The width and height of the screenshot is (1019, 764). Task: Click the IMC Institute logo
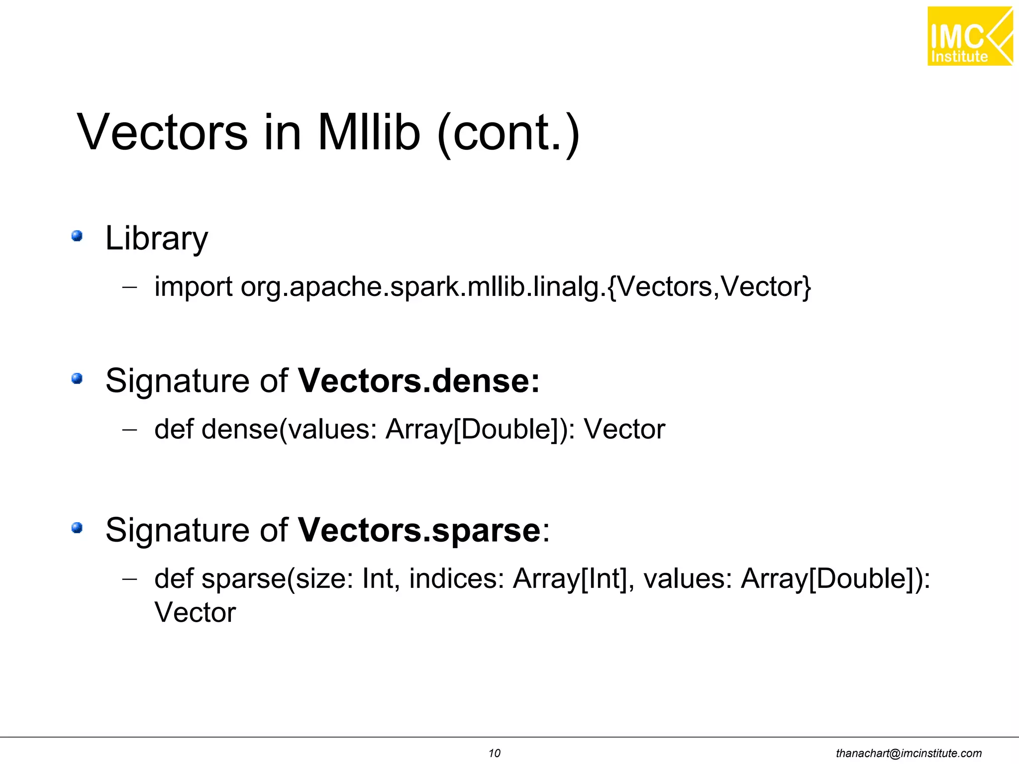point(969,36)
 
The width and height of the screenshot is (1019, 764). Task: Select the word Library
point(157,239)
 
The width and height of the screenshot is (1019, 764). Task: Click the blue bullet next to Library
point(77,236)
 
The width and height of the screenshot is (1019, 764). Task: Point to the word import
point(193,287)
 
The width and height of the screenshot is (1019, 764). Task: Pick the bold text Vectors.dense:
point(418,381)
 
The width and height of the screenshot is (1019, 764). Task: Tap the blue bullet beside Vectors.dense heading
point(77,379)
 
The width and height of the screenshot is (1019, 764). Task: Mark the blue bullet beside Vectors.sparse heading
point(77,528)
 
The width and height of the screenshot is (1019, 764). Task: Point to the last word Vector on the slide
point(195,612)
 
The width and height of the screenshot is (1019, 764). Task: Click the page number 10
point(494,753)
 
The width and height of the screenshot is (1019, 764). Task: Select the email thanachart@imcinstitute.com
point(909,753)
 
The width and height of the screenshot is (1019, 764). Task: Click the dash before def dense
point(129,429)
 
